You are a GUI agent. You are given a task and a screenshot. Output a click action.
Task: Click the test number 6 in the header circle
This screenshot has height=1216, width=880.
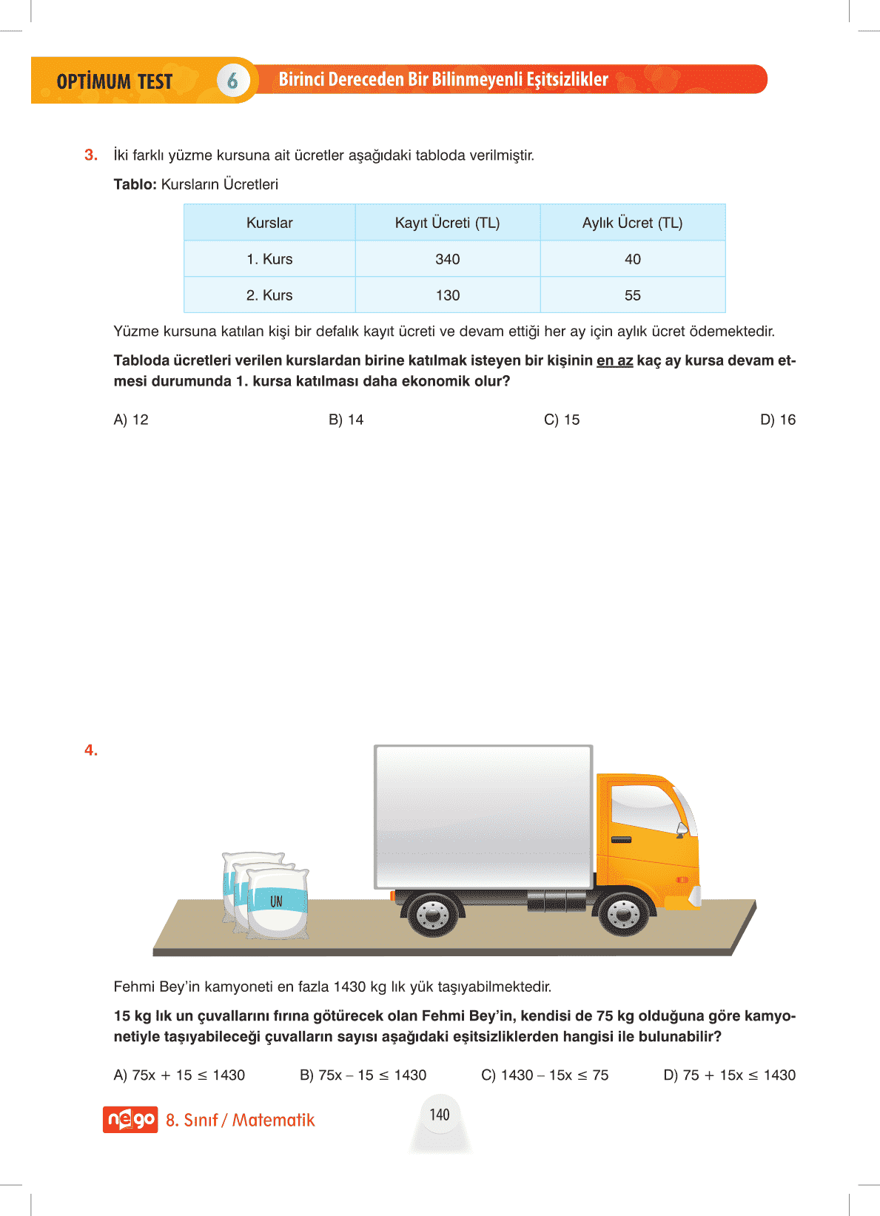[232, 80]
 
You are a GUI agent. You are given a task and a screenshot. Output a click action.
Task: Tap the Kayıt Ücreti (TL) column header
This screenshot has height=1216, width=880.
[447, 223]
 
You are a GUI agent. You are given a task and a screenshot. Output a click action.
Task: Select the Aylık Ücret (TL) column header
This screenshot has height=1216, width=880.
[632, 223]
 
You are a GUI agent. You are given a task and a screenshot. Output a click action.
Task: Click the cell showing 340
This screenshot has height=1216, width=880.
[447, 259]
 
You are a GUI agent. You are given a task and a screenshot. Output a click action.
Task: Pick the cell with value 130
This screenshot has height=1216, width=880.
[447, 295]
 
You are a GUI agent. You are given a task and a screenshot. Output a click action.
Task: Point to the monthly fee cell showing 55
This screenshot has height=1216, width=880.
[632, 295]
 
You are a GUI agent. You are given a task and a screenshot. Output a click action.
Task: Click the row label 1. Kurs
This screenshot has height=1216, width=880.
[269, 259]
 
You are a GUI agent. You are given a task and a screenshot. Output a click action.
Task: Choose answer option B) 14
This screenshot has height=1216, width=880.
[346, 420]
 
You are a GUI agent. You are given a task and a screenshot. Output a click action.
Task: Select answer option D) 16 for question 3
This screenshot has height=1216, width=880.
[777, 420]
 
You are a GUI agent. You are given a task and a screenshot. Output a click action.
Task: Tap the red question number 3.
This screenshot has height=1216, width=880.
[91, 155]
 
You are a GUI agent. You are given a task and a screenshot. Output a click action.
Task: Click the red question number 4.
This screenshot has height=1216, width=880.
[91, 750]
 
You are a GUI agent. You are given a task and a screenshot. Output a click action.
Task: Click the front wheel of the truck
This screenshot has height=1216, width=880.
[623, 913]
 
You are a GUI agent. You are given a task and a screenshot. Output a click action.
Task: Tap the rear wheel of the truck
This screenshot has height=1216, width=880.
[432, 915]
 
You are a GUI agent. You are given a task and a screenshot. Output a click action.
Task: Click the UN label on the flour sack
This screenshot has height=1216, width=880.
[276, 901]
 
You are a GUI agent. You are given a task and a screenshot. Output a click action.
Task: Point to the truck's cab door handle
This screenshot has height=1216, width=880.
[621, 839]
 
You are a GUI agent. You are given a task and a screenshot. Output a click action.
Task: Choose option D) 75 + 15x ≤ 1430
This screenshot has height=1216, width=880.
[729, 1075]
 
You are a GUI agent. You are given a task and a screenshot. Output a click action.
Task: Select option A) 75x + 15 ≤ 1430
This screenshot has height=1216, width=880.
[179, 1075]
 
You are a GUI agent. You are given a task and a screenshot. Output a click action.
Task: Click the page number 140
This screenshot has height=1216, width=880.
[440, 1115]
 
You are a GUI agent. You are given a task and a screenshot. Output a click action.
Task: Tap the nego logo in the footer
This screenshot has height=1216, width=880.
[130, 1119]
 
